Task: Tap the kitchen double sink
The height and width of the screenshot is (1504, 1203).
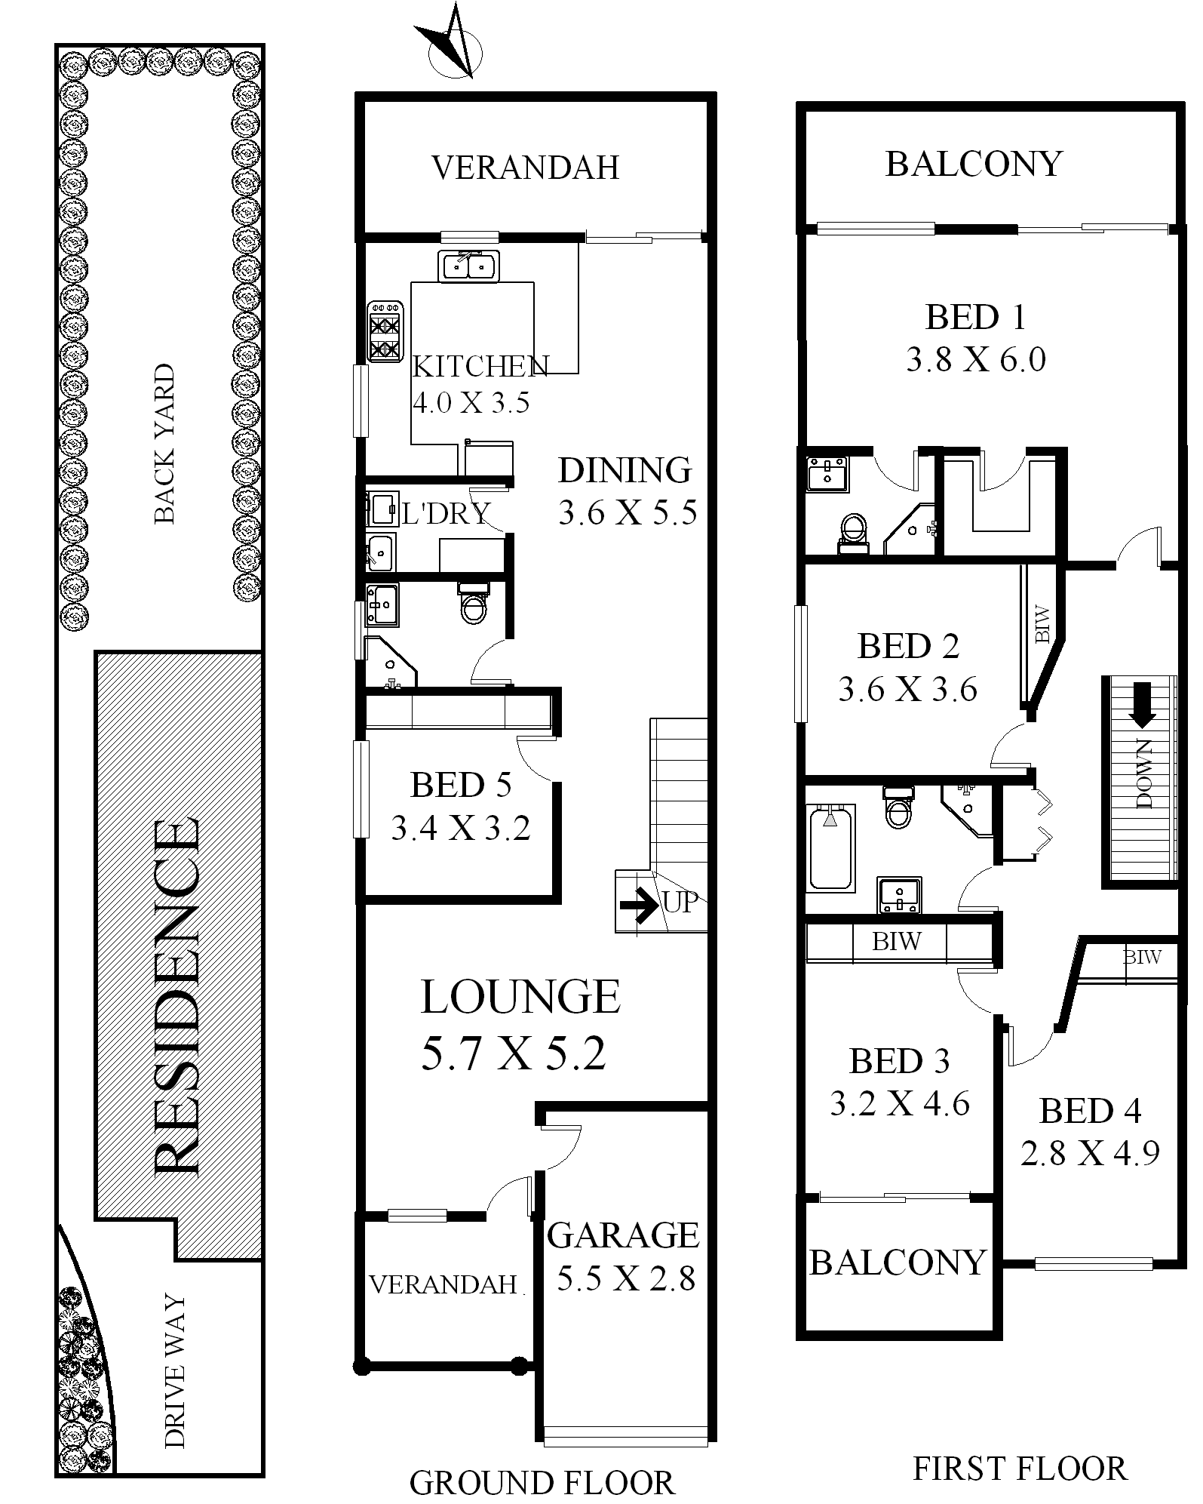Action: [x=468, y=266]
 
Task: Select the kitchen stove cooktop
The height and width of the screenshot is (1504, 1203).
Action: [x=385, y=331]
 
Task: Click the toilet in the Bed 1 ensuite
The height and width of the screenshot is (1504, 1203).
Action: [x=853, y=531]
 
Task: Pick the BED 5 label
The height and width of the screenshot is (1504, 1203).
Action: [x=461, y=785]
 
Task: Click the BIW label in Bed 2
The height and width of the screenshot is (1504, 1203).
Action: [x=1042, y=624]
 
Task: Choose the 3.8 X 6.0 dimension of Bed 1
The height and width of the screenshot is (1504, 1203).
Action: [x=976, y=360]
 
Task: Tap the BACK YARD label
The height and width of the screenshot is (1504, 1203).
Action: [x=164, y=444]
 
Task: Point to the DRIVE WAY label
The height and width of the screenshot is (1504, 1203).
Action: [x=174, y=1371]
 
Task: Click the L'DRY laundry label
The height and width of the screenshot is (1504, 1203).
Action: [x=445, y=514]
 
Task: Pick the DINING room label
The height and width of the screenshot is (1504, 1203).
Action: [x=625, y=470]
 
